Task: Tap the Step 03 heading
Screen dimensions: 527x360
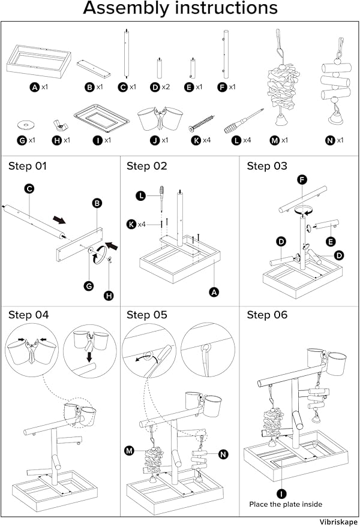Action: [268, 166]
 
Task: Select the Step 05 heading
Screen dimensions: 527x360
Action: [147, 315]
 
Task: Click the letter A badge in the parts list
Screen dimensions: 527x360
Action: [35, 87]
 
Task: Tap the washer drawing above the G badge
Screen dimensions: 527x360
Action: [25, 125]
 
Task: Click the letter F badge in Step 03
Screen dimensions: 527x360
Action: [302, 179]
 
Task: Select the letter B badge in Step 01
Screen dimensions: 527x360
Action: [97, 203]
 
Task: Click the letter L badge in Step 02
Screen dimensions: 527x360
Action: [140, 195]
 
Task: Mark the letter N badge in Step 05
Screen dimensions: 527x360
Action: [223, 454]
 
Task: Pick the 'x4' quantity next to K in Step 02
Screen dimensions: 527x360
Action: [142, 224]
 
